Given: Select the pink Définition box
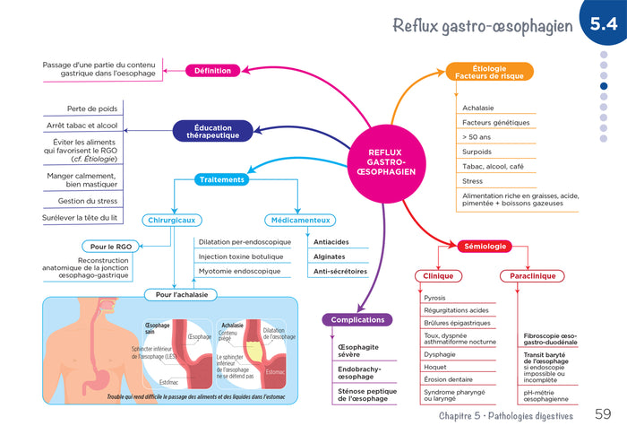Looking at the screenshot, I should pos(213,71).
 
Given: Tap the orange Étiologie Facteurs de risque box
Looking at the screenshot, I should pos(489,72).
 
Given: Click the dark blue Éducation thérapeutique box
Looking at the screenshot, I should pos(212,131).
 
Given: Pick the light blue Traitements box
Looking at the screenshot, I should pos(222,179).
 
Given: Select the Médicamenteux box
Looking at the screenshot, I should pos(299,220).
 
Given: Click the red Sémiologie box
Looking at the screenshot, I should pos(485,246).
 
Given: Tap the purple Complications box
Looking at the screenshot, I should pos(357,319).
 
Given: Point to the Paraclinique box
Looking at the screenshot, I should pos(534,276).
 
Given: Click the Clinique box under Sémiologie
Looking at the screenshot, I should pos(439,276).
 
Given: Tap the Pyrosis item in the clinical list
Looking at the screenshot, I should pos(436,298).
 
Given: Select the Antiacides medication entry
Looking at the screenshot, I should pos(331,242).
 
